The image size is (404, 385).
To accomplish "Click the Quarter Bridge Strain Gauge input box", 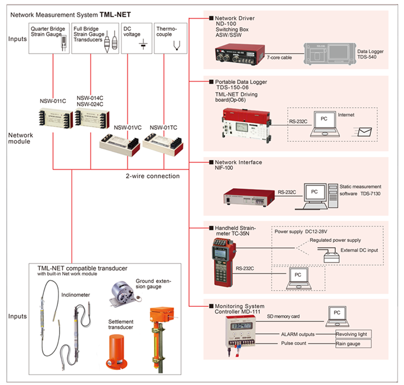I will coord(49,39).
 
